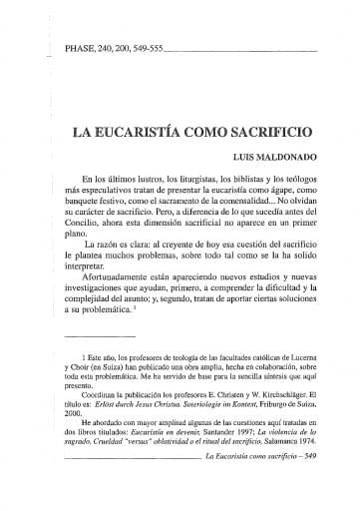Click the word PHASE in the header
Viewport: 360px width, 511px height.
click(79, 47)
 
